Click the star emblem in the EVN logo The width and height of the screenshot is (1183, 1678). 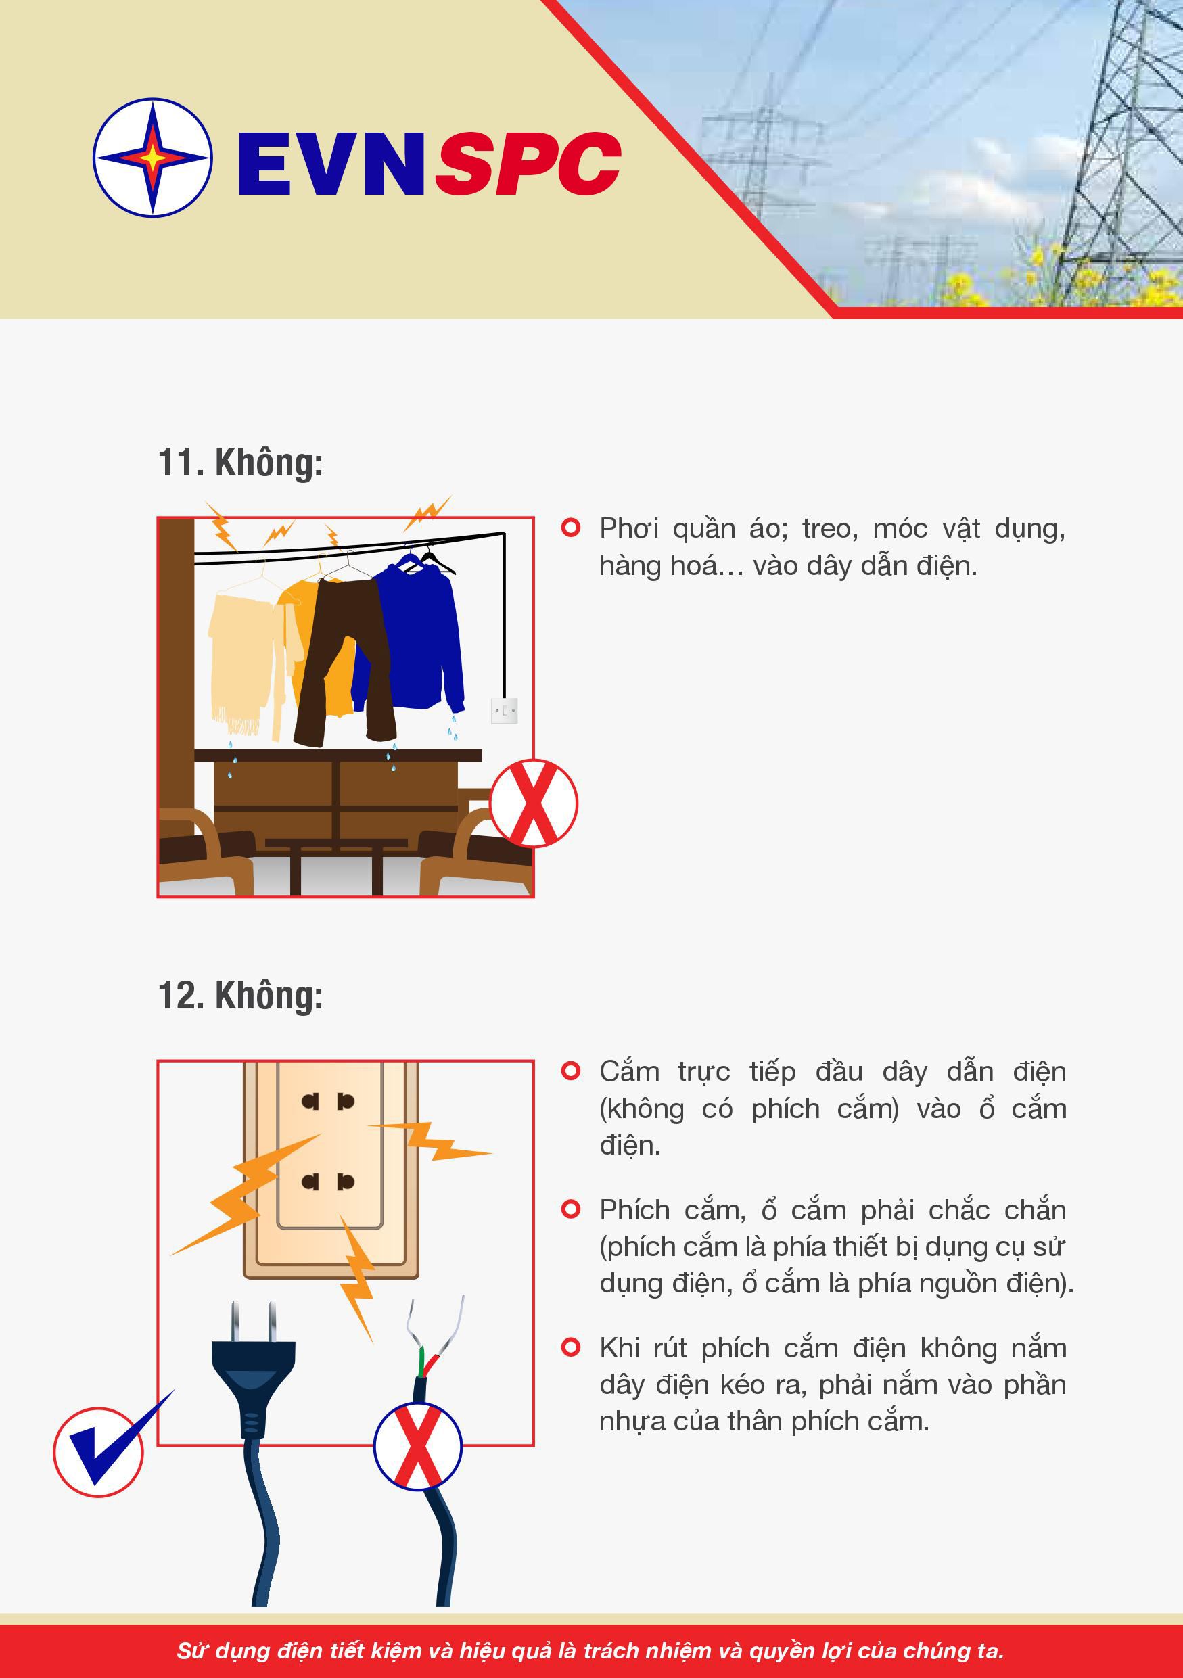coord(153,157)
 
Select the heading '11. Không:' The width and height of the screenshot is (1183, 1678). coord(240,463)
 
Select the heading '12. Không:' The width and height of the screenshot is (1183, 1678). coord(240,996)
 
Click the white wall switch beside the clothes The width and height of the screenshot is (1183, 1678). coord(504,710)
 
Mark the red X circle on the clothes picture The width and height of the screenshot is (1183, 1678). coord(534,803)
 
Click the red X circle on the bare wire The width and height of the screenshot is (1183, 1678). coord(418,1446)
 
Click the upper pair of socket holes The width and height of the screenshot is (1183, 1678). coord(328,1101)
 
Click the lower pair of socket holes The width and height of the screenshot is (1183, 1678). coord(328,1182)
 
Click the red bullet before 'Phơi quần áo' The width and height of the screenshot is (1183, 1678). coord(571,528)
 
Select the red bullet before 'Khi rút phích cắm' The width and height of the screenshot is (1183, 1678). coord(571,1347)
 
